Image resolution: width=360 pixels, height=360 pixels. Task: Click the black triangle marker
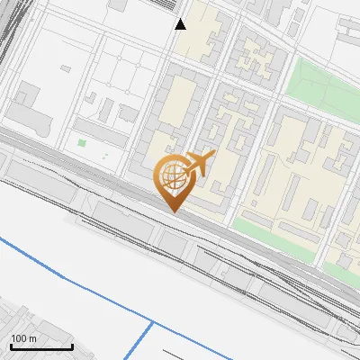tap(181, 24)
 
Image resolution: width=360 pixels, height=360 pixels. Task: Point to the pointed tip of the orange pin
tap(173, 211)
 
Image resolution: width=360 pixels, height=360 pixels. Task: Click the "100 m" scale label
tap(23, 338)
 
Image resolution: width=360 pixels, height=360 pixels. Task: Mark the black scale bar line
tap(41, 346)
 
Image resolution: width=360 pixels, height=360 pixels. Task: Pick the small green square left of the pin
tap(82, 142)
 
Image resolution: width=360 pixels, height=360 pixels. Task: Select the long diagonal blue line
tap(72, 279)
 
